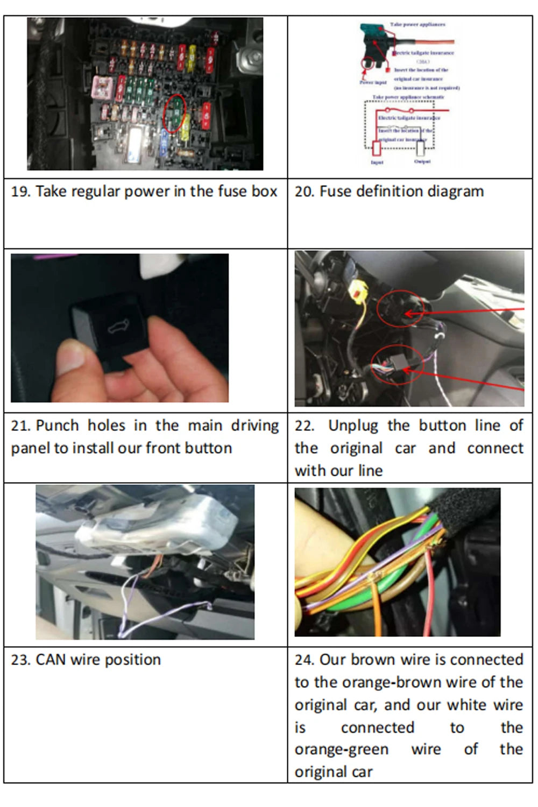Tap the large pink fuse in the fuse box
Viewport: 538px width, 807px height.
[102, 88]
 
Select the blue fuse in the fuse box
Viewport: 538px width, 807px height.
[165, 139]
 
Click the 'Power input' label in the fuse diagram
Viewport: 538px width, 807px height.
[373, 82]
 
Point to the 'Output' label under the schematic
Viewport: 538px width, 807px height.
[422, 161]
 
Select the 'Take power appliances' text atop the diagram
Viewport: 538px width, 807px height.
[417, 25]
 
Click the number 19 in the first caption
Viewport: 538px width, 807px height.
[20, 192]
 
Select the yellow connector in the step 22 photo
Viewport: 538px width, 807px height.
[356, 295]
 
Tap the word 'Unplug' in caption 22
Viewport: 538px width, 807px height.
[353, 426]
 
